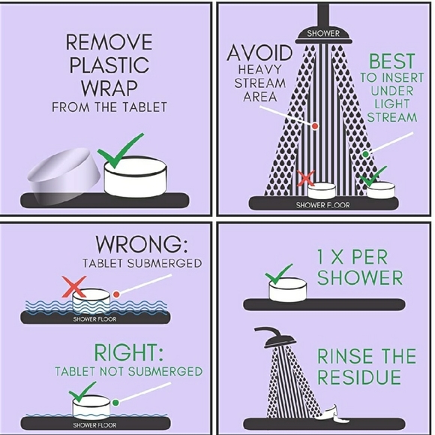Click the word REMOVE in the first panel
click(x=109, y=41)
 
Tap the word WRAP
click(x=109, y=88)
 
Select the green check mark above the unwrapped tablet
click(x=120, y=150)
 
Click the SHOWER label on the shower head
click(x=323, y=34)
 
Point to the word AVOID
click(x=259, y=53)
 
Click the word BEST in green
click(x=391, y=61)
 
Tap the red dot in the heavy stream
click(x=315, y=126)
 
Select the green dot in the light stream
click(x=366, y=154)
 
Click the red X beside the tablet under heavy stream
click(x=306, y=178)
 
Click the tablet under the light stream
click(x=381, y=190)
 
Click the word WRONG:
click(x=142, y=244)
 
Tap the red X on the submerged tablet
click(x=74, y=287)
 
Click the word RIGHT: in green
click(x=128, y=352)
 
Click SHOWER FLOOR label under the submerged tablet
click(x=95, y=319)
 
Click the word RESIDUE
click(x=359, y=377)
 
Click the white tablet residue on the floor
click(x=332, y=414)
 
